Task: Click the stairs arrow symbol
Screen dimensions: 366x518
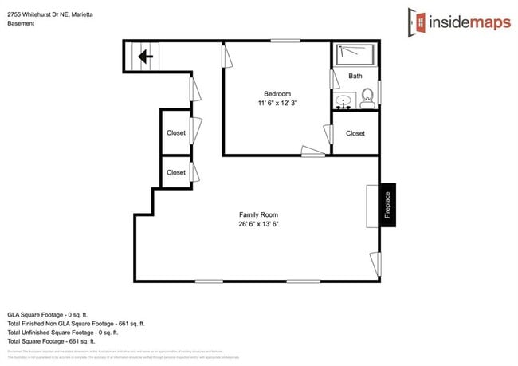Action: (144, 57)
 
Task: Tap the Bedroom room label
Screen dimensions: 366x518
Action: (277, 93)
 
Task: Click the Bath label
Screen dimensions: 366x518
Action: (355, 77)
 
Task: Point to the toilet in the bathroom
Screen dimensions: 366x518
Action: (367, 99)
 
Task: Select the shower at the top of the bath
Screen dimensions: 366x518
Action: (355, 53)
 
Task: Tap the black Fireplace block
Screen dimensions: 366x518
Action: (388, 206)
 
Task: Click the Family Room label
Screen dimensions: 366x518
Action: (258, 214)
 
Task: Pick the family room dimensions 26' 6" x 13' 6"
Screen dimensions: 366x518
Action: (258, 225)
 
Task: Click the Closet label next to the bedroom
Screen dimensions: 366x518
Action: (355, 133)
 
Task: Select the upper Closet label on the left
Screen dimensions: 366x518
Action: (176, 133)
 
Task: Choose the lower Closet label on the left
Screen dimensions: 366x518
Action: (176, 172)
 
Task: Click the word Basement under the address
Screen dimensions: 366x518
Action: (22, 23)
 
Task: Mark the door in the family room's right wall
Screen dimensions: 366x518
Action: (375, 262)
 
